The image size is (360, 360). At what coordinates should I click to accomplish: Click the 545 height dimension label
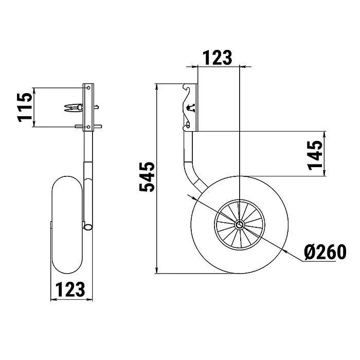click(147, 177)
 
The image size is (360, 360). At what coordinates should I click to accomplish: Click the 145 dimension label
click(315, 155)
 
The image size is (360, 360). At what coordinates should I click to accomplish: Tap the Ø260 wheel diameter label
click(325, 252)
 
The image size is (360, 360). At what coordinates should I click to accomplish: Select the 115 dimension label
click(25, 107)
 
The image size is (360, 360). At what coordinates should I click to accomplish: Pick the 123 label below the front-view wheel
click(70, 289)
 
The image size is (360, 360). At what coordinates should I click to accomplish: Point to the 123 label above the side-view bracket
click(217, 58)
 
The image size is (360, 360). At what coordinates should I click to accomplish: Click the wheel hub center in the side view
click(240, 224)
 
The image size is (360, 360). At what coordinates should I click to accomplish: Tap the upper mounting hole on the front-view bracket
click(88, 88)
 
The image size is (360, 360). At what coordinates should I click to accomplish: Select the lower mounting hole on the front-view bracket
click(88, 127)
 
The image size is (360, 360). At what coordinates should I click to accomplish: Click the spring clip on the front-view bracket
click(74, 107)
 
